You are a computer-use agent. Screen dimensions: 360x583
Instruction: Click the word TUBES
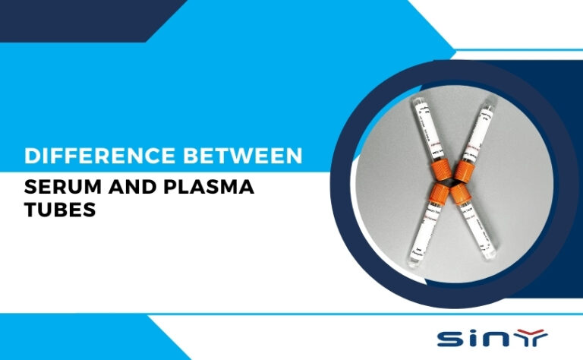point(59,210)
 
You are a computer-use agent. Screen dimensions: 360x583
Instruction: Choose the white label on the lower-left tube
point(415,228)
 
